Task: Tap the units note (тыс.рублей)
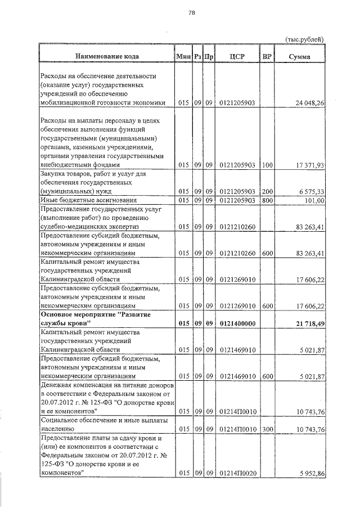305,39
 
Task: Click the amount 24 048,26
305,103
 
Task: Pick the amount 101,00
311,200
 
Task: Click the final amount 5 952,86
307,474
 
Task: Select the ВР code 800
267,200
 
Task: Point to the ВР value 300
267,429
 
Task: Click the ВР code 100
267,165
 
